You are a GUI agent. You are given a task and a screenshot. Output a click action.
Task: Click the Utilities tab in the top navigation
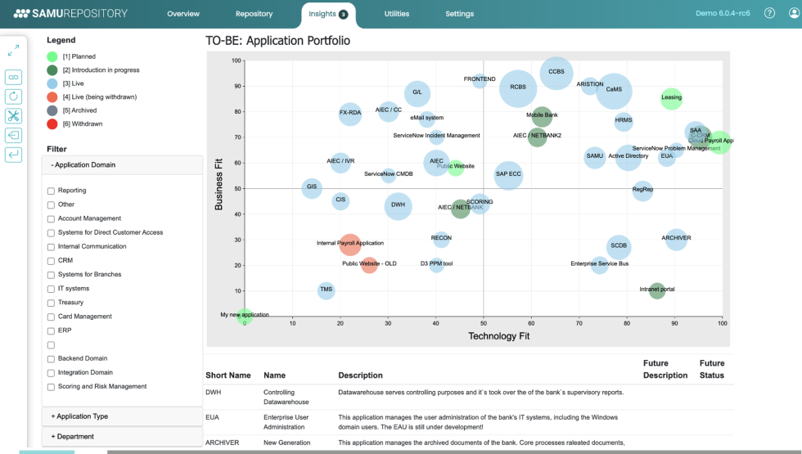point(396,14)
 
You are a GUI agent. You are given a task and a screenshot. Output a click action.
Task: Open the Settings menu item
point(459,14)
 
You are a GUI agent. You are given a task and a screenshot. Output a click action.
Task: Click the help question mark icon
point(769,13)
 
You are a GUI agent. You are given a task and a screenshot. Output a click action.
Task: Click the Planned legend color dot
point(52,56)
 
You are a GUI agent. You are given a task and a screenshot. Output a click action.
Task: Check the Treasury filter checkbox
point(51,303)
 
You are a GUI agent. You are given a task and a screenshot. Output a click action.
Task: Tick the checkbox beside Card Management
point(51,317)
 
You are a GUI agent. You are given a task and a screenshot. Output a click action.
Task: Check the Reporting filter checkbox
point(51,191)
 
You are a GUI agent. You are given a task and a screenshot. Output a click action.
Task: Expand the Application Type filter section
point(121,416)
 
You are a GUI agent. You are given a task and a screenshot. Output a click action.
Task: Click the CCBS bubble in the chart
point(556,73)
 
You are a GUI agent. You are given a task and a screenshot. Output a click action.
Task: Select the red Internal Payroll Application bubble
point(349,243)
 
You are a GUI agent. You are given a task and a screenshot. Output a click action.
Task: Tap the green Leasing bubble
point(671,98)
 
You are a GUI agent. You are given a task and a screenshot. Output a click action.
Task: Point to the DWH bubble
point(398,205)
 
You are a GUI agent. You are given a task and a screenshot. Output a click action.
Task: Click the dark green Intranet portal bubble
point(656,290)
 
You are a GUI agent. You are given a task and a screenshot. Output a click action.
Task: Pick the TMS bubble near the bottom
point(326,290)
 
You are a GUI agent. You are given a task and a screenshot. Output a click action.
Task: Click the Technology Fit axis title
point(498,336)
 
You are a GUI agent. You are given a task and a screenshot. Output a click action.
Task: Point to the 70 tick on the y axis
point(237,137)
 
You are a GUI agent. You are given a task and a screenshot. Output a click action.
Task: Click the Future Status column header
point(711,369)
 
